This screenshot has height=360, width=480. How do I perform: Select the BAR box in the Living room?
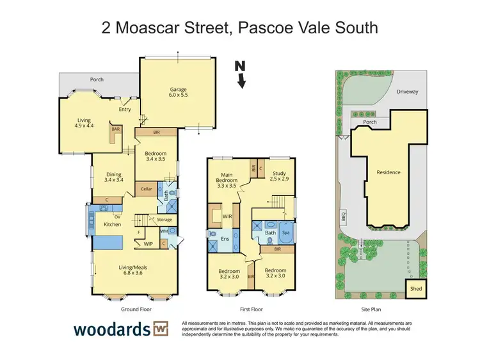point(116,129)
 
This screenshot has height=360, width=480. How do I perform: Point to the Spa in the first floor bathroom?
point(286,233)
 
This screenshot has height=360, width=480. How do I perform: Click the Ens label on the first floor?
point(225,240)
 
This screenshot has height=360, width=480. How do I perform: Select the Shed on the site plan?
point(416,289)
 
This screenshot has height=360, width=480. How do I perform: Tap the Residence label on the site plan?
point(388,172)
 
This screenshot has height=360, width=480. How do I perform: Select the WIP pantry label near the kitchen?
point(148,243)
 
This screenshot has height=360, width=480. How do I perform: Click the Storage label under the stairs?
point(164,219)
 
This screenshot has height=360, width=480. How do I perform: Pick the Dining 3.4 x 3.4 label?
point(113,176)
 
